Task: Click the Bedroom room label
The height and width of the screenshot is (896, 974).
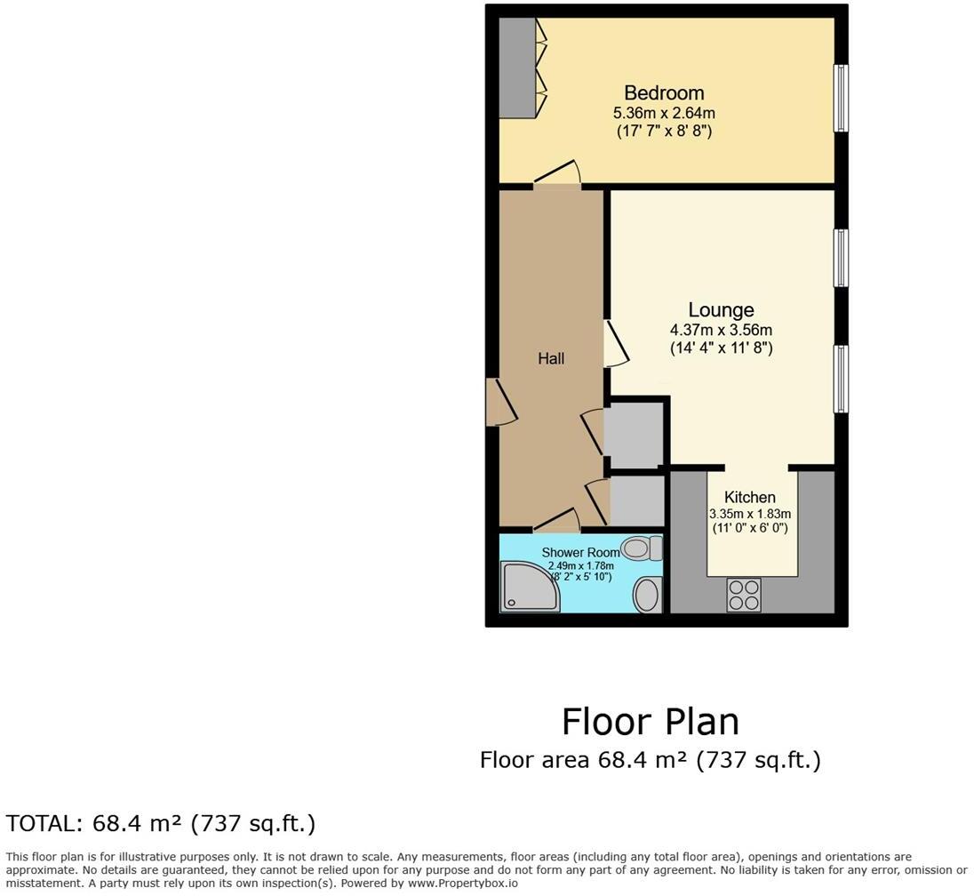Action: coord(664,93)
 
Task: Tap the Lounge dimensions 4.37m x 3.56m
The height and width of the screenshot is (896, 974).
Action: coord(721,330)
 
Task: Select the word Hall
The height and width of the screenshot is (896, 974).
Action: coord(551,358)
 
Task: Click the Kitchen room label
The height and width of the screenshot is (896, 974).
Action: coord(749,497)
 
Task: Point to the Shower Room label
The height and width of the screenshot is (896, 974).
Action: coord(581,553)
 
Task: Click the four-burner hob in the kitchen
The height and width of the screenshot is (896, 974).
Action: coord(743,594)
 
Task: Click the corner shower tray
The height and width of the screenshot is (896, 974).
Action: coord(530,587)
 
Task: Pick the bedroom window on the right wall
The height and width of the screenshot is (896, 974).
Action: coord(840,98)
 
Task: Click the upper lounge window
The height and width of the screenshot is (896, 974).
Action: coord(840,258)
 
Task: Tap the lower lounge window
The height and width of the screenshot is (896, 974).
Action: coord(840,379)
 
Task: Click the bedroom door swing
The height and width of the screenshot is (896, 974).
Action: coord(558,174)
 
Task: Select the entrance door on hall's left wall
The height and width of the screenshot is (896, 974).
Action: coord(499,403)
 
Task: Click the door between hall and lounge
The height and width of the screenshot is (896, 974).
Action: coord(615,344)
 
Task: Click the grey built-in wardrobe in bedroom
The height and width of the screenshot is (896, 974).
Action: coord(516,68)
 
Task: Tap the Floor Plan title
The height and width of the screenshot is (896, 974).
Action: coord(650,722)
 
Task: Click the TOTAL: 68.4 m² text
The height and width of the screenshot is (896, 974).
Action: coord(161,824)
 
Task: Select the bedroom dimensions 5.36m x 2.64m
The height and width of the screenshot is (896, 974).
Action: coord(664,113)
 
